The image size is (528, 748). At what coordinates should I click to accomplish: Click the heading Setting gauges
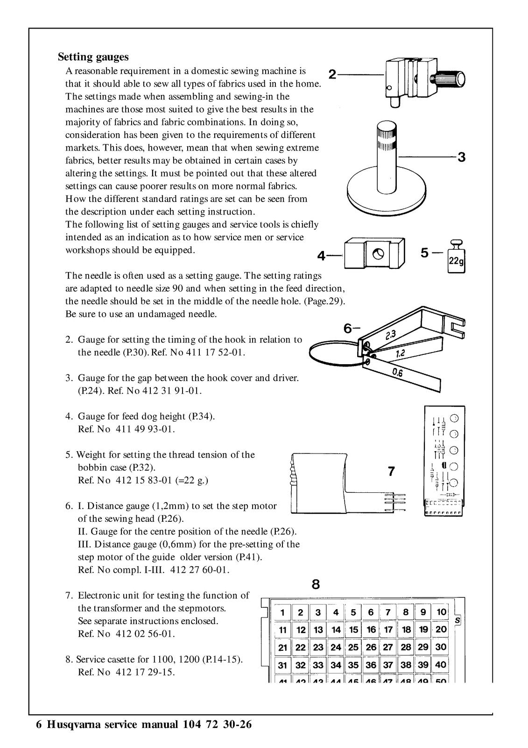93,57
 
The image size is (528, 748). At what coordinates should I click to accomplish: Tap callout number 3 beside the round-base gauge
461,157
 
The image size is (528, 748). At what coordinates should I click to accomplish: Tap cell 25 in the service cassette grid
353,647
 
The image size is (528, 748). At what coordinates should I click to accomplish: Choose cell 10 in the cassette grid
441,612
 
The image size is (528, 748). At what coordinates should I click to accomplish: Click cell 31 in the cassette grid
282,665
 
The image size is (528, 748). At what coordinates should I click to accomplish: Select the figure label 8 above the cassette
316,584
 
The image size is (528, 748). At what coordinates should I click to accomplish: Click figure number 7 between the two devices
391,472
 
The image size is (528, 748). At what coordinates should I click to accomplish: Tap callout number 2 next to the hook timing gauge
332,74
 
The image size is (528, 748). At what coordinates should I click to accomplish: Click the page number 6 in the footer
39,725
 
